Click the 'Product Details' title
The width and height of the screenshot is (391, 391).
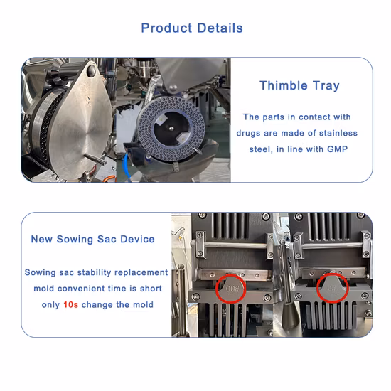(192, 28)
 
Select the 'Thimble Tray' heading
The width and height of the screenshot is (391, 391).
(299, 86)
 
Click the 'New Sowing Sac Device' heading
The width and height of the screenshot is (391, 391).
(92, 239)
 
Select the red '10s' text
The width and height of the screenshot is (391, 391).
(70, 304)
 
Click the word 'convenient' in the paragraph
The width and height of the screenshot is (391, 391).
(89, 289)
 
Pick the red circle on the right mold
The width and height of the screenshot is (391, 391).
(332, 289)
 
